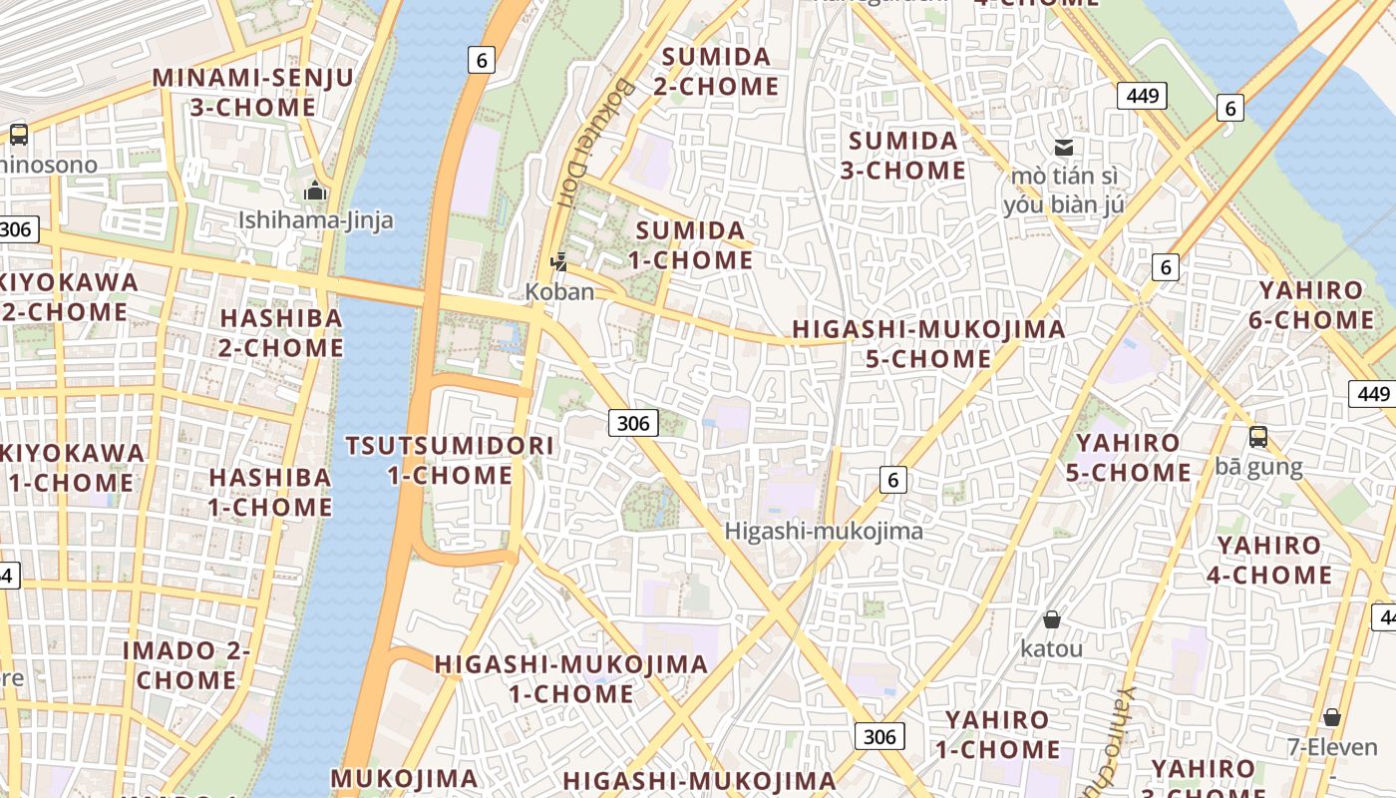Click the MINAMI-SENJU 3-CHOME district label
tap(252, 92)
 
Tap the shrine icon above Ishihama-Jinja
tap(315, 190)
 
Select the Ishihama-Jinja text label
tap(315, 219)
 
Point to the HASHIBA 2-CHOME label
tap(281, 332)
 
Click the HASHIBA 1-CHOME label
tap(270, 492)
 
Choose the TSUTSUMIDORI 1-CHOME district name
tap(449, 460)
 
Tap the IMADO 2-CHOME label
tap(186, 665)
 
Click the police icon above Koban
tap(559, 262)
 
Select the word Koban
tap(559, 291)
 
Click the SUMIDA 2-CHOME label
tap(716, 71)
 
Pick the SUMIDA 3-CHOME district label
tap(902, 155)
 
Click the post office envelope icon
tap(1064, 148)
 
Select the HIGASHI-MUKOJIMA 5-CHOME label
tap(928, 343)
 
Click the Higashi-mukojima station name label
tap(824, 531)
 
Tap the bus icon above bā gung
tap(1258, 436)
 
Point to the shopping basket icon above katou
tap(1051, 619)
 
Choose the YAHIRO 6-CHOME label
tap(1310, 305)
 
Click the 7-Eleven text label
tap(1331, 747)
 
